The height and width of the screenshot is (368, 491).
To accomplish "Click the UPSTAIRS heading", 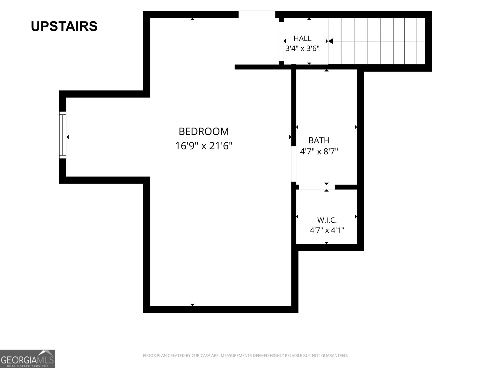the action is (64, 26).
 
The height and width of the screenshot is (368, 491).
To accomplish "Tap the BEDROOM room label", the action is (203, 131).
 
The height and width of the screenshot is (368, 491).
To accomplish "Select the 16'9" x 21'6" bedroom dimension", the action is (203, 146).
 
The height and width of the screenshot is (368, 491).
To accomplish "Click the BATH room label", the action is (319, 140).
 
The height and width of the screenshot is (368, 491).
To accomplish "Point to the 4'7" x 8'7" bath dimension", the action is (319, 151).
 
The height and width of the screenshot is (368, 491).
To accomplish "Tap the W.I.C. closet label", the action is (327, 220).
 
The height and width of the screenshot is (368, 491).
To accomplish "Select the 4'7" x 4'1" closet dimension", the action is (327, 230).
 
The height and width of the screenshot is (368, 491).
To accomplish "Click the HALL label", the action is (303, 38).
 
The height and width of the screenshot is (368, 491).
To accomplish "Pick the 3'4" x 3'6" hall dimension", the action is (302, 48).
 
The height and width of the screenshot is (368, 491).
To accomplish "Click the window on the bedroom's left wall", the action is (63, 135).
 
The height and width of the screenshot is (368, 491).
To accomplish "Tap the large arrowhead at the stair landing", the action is (331, 41).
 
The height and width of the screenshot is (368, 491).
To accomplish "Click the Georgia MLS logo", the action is (27, 358).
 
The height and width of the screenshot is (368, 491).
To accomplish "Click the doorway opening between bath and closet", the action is (317, 187).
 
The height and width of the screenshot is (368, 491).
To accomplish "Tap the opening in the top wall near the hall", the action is (257, 14).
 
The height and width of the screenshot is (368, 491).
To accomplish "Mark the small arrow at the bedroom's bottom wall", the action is (192, 305).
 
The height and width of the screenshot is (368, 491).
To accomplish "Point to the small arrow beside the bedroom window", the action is (68, 137).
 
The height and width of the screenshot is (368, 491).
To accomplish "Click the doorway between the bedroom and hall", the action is (281, 42).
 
